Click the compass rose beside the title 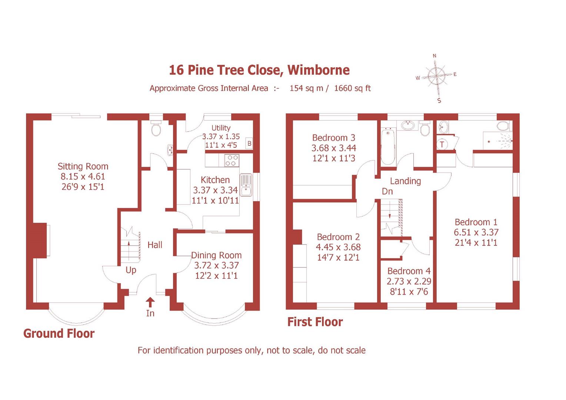[436, 77]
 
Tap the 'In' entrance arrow [150, 302]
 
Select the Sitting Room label [83, 166]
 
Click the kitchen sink [246, 185]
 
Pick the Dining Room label [216, 255]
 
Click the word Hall [155, 245]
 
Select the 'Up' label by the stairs [131, 270]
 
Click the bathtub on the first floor [389, 146]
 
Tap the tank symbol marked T [442, 144]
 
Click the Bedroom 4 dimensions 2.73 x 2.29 [409, 281]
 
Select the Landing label [405, 181]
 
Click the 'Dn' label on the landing [387, 191]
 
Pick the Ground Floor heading [59, 333]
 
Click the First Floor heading [315, 322]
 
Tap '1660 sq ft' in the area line [352, 88]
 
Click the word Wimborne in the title [319, 70]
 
